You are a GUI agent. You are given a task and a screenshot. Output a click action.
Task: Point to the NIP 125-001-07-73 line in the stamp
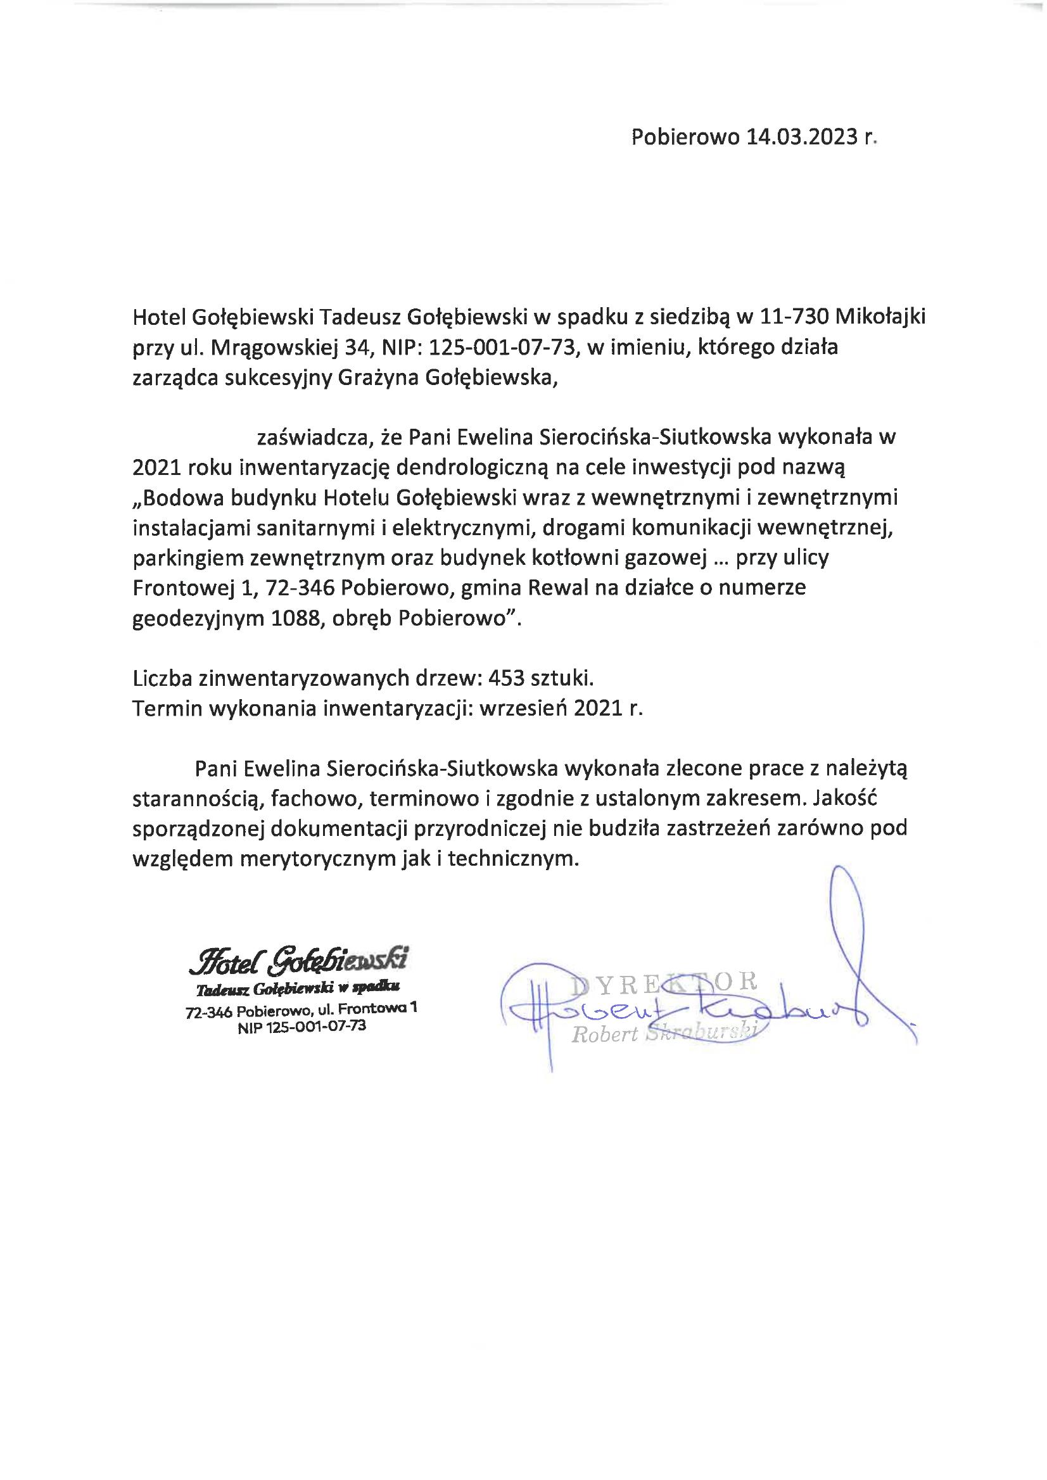(x=301, y=1027)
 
